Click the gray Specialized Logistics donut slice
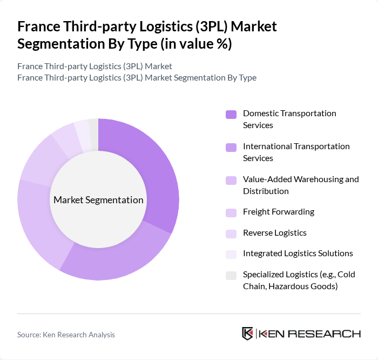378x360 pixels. (94, 134)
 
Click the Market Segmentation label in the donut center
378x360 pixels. (98, 200)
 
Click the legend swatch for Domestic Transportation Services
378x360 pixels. (231, 114)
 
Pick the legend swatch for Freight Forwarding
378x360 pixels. (231, 212)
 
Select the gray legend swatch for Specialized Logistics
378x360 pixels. (231, 275)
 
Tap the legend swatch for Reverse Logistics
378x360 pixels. (231, 233)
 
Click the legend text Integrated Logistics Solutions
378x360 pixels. (298, 253)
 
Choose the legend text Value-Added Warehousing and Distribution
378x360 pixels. (301, 185)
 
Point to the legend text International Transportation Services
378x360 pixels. (296, 152)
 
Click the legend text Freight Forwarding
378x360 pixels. (279, 212)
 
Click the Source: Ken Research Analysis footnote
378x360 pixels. (66, 335)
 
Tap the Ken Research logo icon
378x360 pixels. (248, 334)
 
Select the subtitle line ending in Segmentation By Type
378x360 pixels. (137, 77)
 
